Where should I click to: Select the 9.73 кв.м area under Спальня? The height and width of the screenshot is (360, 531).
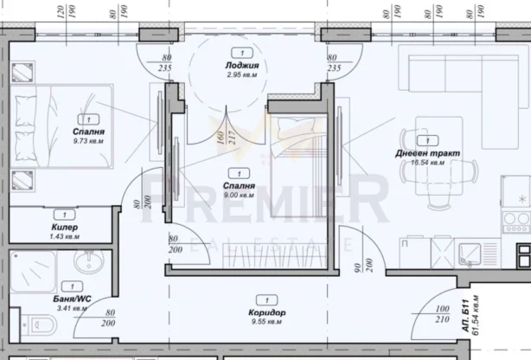pos(88,142)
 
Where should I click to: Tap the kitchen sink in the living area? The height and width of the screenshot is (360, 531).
pos(473,252)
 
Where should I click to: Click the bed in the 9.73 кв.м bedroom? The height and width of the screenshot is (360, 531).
pos(65,126)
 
